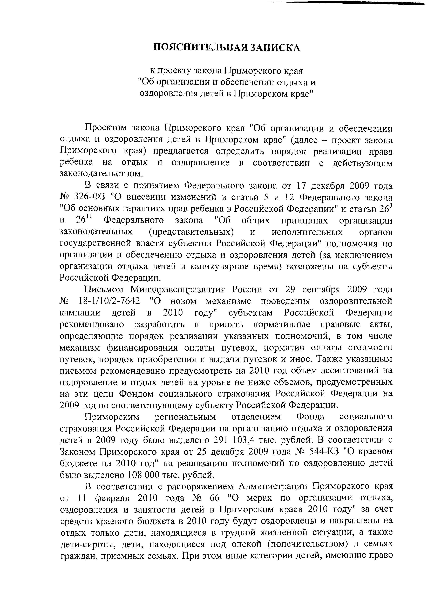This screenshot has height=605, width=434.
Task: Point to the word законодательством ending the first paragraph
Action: click(x=101, y=174)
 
